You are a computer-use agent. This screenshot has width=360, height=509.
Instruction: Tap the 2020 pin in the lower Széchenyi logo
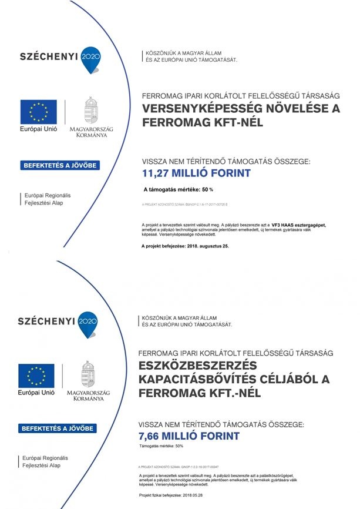pos(88,322)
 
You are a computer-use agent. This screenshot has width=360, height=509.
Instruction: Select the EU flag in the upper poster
pos(39,112)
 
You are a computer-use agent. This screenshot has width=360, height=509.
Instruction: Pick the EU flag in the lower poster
pos(36,376)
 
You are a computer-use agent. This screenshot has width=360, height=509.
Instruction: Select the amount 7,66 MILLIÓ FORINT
pos(189,436)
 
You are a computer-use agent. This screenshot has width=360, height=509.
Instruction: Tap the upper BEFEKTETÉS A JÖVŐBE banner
pos(60,165)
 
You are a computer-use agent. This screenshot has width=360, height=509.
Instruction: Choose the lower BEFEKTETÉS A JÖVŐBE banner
pos(58,428)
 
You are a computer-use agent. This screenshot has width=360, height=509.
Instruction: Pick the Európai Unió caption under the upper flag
pos(39,128)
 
